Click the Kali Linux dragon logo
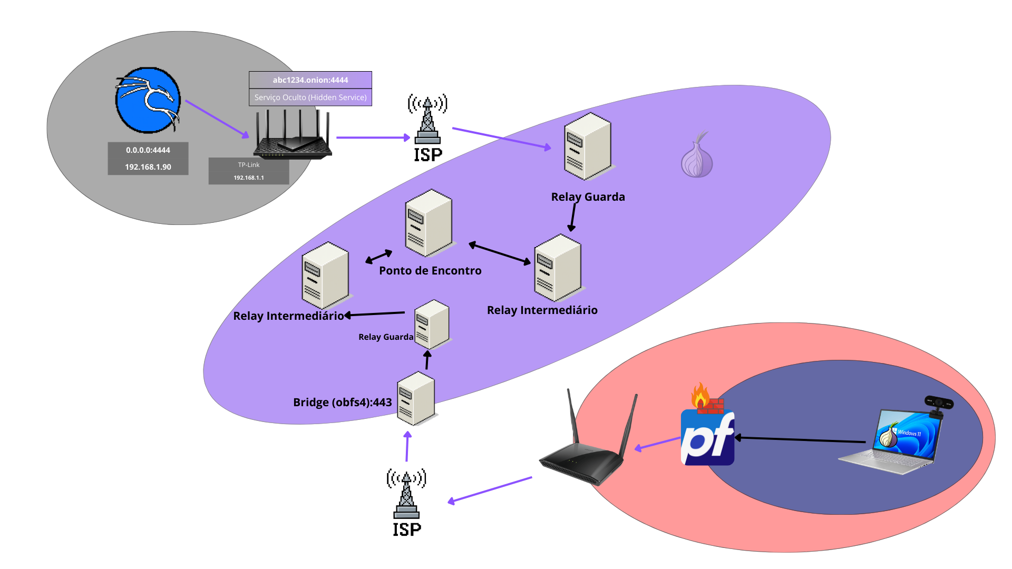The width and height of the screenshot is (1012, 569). [148, 100]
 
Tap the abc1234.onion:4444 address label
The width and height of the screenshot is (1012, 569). [310, 80]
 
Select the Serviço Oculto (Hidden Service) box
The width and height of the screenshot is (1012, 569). [310, 97]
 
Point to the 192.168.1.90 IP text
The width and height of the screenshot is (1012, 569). [148, 167]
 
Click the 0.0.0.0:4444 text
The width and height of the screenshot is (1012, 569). [148, 150]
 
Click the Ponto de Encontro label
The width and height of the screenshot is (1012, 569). [430, 271]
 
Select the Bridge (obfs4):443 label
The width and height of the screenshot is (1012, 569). [342, 403]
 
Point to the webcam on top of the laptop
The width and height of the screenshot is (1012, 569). [939, 404]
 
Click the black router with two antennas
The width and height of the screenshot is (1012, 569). [585, 453]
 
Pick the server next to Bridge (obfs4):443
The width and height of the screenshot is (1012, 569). [416, 398]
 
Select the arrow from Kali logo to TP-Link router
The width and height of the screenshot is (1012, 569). [217, 120]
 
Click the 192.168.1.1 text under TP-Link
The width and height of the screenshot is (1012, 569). [249, 178]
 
